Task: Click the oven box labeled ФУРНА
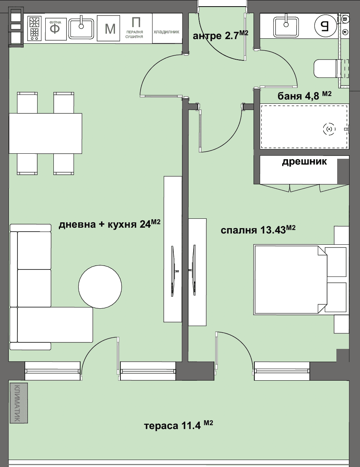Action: click(x=56, y=29)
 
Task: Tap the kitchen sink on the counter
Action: click(x=81, y=29)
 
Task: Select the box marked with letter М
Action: click(x=108, y=28)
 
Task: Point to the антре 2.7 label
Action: click(x=220, y=35)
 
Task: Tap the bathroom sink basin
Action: click(x=286, y=27)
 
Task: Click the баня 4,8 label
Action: click(x=304, y=96)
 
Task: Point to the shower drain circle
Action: click(x=329, y=129)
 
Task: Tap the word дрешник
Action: click(x=304, y=161)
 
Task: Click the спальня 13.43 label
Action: click(x=258, y=230)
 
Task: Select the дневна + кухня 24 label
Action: click(x=110, y=224)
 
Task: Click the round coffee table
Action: click(x=100, y=287)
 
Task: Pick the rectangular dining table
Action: click(x=45, y=133)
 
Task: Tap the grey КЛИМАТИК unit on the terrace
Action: click(x=19, y=403)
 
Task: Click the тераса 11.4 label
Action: click(x=178, y=428)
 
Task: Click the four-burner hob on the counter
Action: click(x=34, y=29)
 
